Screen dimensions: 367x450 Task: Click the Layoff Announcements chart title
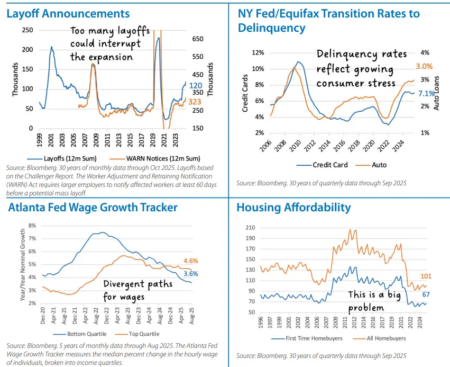68,13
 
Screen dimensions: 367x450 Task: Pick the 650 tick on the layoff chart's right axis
198,39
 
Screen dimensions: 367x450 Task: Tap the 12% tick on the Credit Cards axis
258,53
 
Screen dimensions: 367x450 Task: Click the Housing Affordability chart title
293,208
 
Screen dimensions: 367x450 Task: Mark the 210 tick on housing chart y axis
250,228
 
